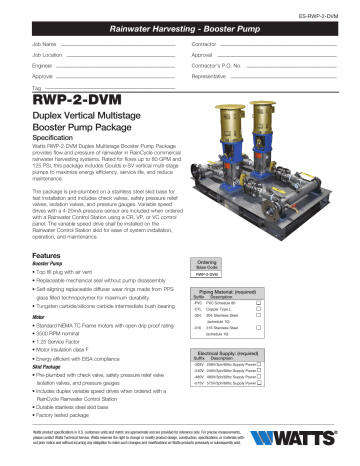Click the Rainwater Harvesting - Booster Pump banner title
180,23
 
